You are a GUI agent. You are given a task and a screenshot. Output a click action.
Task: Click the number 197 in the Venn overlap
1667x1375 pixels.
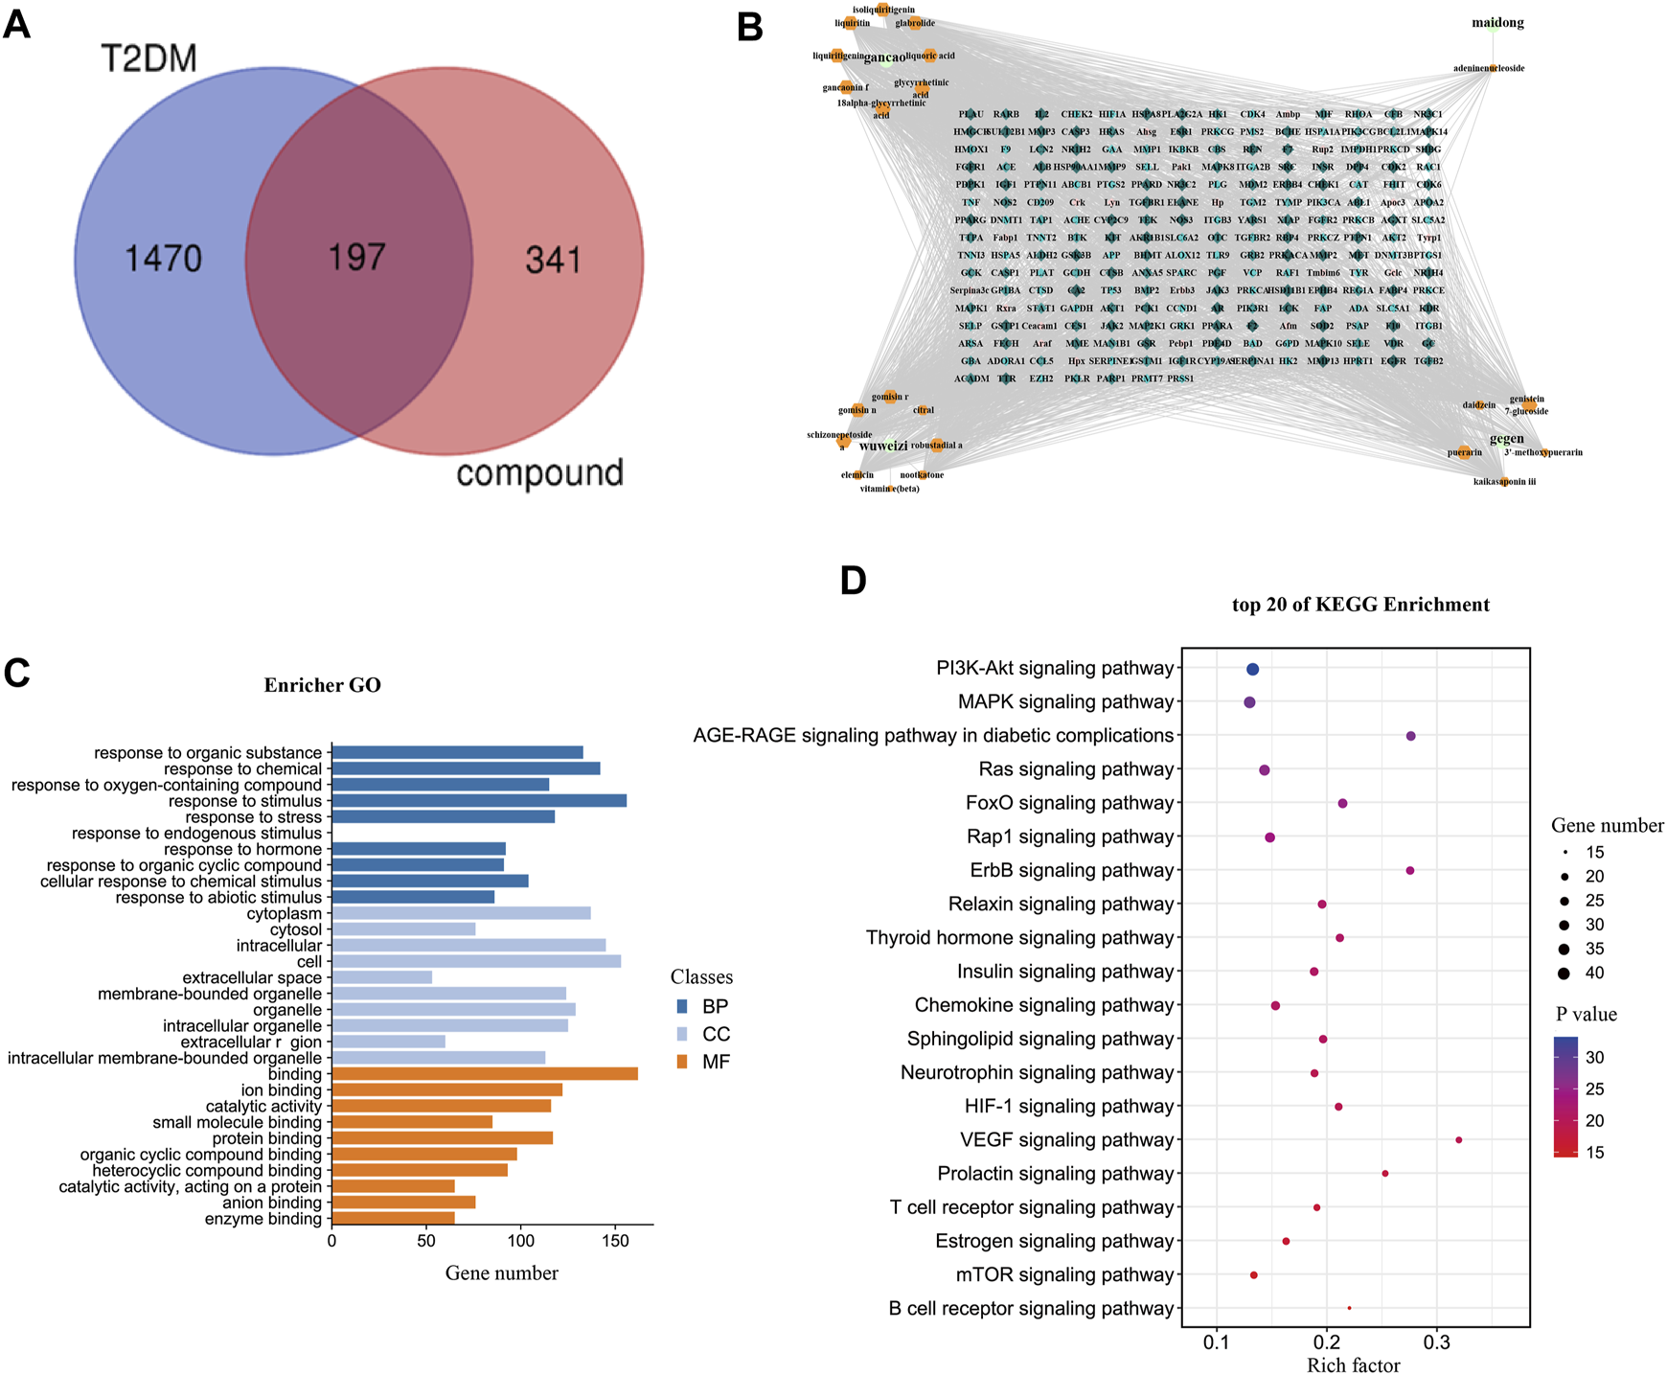click(x=356, y=257)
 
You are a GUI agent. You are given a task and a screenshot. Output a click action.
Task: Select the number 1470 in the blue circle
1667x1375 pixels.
click(x=164, y=259)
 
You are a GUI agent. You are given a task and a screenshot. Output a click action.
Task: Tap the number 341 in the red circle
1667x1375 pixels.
click(x=554, y=260)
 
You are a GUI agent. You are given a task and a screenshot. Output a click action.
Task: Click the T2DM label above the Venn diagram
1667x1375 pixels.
click(x=148, y=59)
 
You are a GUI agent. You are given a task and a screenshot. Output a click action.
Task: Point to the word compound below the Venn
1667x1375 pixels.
click(x=539, y=472)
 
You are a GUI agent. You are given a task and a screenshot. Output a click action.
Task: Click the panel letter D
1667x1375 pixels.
click(x=853, y=581)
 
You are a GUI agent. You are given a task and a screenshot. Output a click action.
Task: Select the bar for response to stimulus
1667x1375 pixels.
click(x=479, y=801)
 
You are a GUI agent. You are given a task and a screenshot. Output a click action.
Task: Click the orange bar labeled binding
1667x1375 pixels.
click(x=485, y=1074)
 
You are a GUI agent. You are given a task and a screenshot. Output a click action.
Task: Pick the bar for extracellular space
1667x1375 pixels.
click(x=382, y=977)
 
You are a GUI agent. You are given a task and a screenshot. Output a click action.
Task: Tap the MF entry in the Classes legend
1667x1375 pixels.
click(x=715, y=1062)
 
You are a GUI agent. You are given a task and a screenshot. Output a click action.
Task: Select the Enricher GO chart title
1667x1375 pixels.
click(x=323, y=685)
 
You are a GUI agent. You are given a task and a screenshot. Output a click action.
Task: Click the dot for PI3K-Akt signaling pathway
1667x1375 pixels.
click(x=1252, y=669)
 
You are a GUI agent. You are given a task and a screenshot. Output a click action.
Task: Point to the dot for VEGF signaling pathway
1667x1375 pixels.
click(x=1458, y=1140)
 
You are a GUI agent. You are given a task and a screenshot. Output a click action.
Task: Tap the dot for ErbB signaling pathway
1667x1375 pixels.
click(x=1409, y=871)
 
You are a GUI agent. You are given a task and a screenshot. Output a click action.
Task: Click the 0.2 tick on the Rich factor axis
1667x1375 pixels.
click(x=1327, y=1341)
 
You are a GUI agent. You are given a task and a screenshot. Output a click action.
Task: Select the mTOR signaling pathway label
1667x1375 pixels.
click(x=1064, y=1275)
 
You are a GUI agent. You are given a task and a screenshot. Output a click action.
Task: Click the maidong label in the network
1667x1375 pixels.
click(x=1497, y=23)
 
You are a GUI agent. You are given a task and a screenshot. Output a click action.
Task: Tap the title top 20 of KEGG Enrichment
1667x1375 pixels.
click(x=1360, y=605)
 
